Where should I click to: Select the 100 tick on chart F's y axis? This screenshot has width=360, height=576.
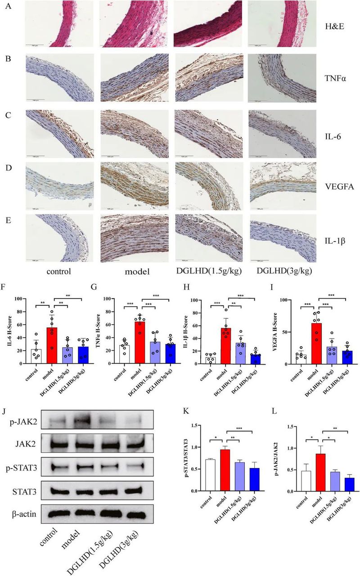[x=18, y=299]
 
